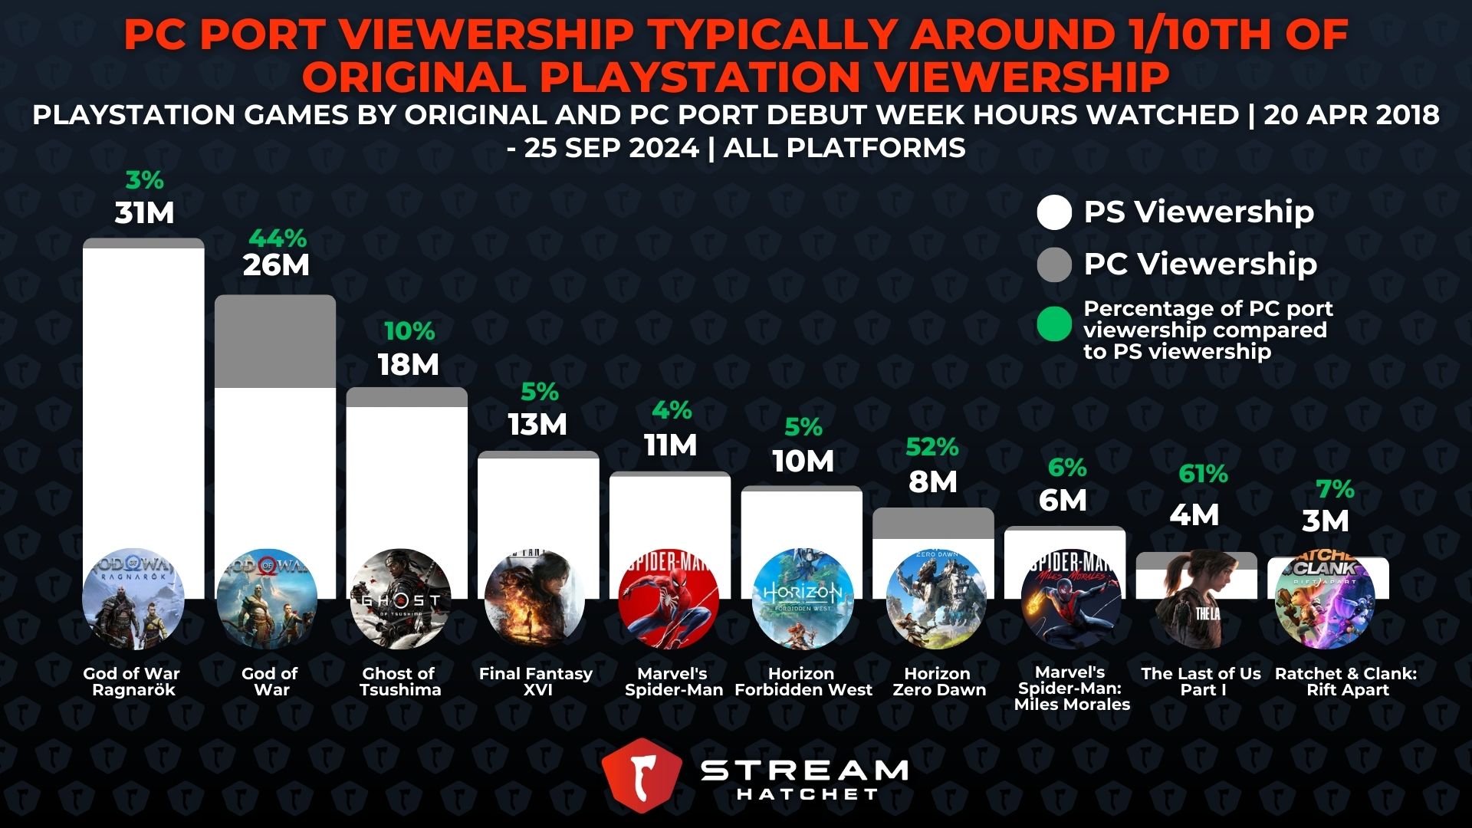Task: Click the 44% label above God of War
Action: [x=277, y=238]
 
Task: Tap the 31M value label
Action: [x=144, y=213]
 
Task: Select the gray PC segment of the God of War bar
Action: [x=275, y=342]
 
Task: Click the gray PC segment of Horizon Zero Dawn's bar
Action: [x=933, y=523]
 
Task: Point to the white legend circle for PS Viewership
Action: [x=1054, y=212]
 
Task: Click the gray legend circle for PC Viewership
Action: [x=1054, y=264]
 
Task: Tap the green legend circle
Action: [x=1054, y=324]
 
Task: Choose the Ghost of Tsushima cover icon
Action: [x=400, y=599]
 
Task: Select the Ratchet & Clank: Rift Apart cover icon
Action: [x=1325, y=599]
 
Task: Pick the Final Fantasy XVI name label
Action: [x=536, y=682]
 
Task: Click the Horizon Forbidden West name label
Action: [x=803, y=682]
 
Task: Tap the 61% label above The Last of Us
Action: [x=1202, y=474]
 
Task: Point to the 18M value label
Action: [x=408, y=365]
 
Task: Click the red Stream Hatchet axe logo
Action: [x=642, y=774]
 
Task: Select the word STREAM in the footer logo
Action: [x=805, y=770]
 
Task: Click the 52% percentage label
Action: [x=932, y=446]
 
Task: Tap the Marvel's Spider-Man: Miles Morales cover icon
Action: [x=1071, y=599]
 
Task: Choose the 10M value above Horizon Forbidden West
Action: [x=803, y=462]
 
